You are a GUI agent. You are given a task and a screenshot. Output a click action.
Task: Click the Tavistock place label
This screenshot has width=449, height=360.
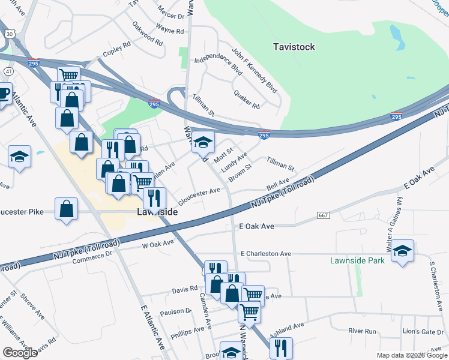tap(294, 46)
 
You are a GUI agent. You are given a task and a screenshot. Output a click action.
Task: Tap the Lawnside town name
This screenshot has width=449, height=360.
tap(157, 212)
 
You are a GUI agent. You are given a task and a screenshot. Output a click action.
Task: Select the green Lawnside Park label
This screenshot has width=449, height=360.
tap(357, 260)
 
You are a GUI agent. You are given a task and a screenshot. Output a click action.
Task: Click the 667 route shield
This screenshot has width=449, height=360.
tap(323, 215)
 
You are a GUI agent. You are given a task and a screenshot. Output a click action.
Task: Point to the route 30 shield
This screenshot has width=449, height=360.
tap(10, 34)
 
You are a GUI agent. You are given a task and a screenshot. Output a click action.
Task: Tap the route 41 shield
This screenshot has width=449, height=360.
tap(9, 71)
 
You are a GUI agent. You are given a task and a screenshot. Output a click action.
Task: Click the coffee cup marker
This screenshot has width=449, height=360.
tap(3, 94)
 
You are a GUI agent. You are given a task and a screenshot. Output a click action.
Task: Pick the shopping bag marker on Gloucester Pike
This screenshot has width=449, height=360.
tap(67, 209)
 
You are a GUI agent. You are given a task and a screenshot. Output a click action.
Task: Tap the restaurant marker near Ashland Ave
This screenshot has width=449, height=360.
tap(280, 347)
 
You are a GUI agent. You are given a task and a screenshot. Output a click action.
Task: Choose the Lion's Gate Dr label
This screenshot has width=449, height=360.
tap(423, 331)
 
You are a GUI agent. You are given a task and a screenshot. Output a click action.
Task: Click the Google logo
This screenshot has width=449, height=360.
tap(20, 352)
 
